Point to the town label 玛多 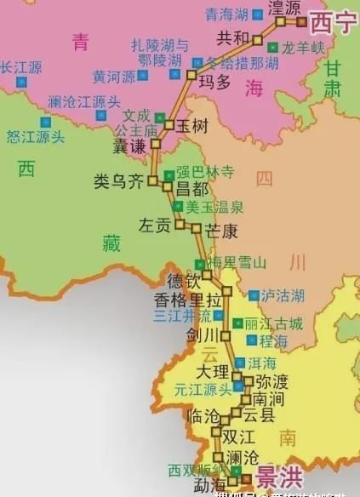tap(214, 81)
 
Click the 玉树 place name tap(193, 125)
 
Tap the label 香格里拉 tap(182, 299)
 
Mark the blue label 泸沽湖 tap(282, 295)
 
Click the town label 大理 tap(212, 372)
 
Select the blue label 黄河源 tap(114, 76)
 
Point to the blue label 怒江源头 tap(36, 135)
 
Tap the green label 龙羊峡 tap(304, 48)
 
